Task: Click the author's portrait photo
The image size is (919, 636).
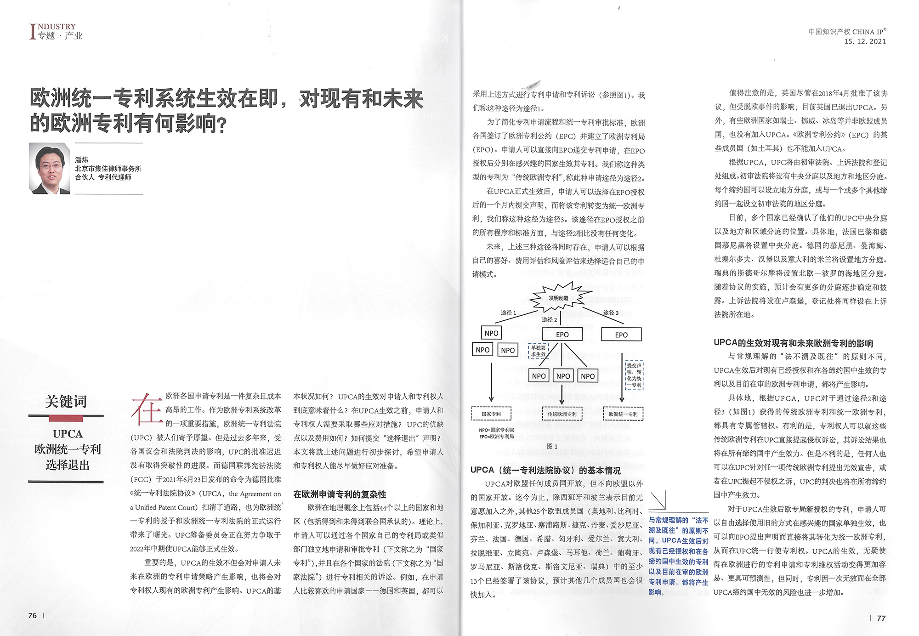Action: pos(50,168)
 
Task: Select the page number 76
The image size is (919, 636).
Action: pos(33,615)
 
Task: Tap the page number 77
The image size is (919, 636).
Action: pos(881,618)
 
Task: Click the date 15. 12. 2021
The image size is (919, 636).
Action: pos(865,41)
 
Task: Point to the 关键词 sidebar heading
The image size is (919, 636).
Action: pos(66,401)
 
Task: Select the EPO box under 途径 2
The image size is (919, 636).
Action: pos(562,335)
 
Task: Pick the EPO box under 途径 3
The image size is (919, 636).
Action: pos(621,335)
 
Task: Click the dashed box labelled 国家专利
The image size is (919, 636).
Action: pos(491,414)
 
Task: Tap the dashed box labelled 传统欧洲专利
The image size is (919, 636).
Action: pos(562,414)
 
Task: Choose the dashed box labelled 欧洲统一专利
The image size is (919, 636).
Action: pos(623,414)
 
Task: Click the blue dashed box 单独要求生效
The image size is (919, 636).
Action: pos(538,351)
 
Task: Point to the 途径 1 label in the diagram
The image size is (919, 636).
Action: pos(508,312)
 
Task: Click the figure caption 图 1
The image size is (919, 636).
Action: pos(552,446)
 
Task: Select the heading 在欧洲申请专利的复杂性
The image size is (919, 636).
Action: pos(340,494)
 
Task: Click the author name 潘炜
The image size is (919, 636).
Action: pos(82,159)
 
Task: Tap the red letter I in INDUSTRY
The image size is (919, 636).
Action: pos(32,31)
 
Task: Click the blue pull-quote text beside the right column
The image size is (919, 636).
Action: pos(678,556)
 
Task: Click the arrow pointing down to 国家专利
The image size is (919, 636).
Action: pos(491,381)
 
